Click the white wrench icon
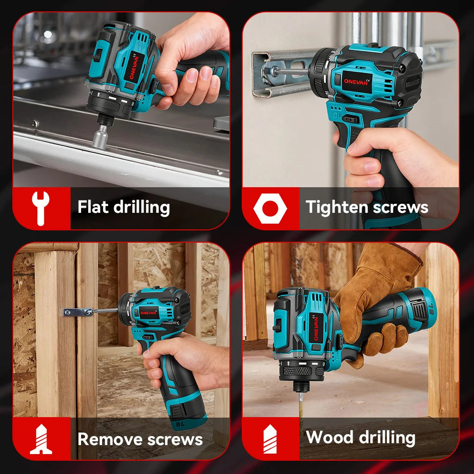(x=40, y=208)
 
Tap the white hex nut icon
(x=270, y=208)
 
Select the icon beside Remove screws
(x=41, y=439)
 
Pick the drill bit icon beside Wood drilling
(x=270, y=439)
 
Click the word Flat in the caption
(x=93, y=207)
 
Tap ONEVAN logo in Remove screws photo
(x=148, y=313)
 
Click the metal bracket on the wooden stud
(x=78, y=312)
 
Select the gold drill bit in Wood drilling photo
(x=301, y=405)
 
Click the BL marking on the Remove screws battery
(x=180, y=424)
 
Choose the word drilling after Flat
(x=141, y=208)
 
